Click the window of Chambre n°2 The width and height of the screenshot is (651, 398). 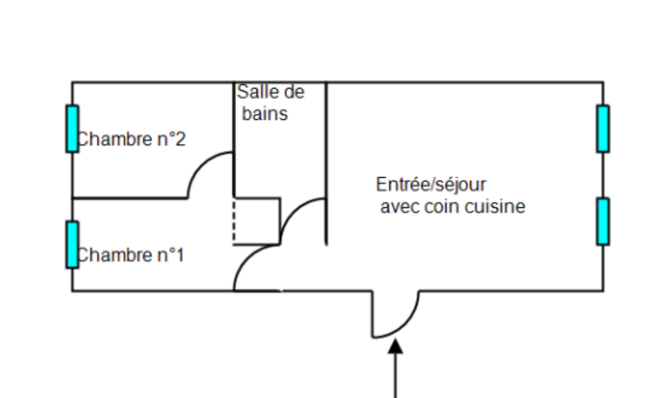[x=72, y=129]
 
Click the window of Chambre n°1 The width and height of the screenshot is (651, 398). [x=72, y=244]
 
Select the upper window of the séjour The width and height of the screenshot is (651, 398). [x=603, y=129]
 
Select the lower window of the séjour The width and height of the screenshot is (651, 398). [x=603, y=221]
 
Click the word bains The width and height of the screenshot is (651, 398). [x=265, y=114]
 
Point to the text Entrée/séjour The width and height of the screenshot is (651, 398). [x=431, y=184]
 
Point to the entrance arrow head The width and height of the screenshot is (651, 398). [x=395, y=347]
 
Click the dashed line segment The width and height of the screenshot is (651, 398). [x=234, y=221]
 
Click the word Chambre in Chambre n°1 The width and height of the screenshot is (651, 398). [x=114, y=255]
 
